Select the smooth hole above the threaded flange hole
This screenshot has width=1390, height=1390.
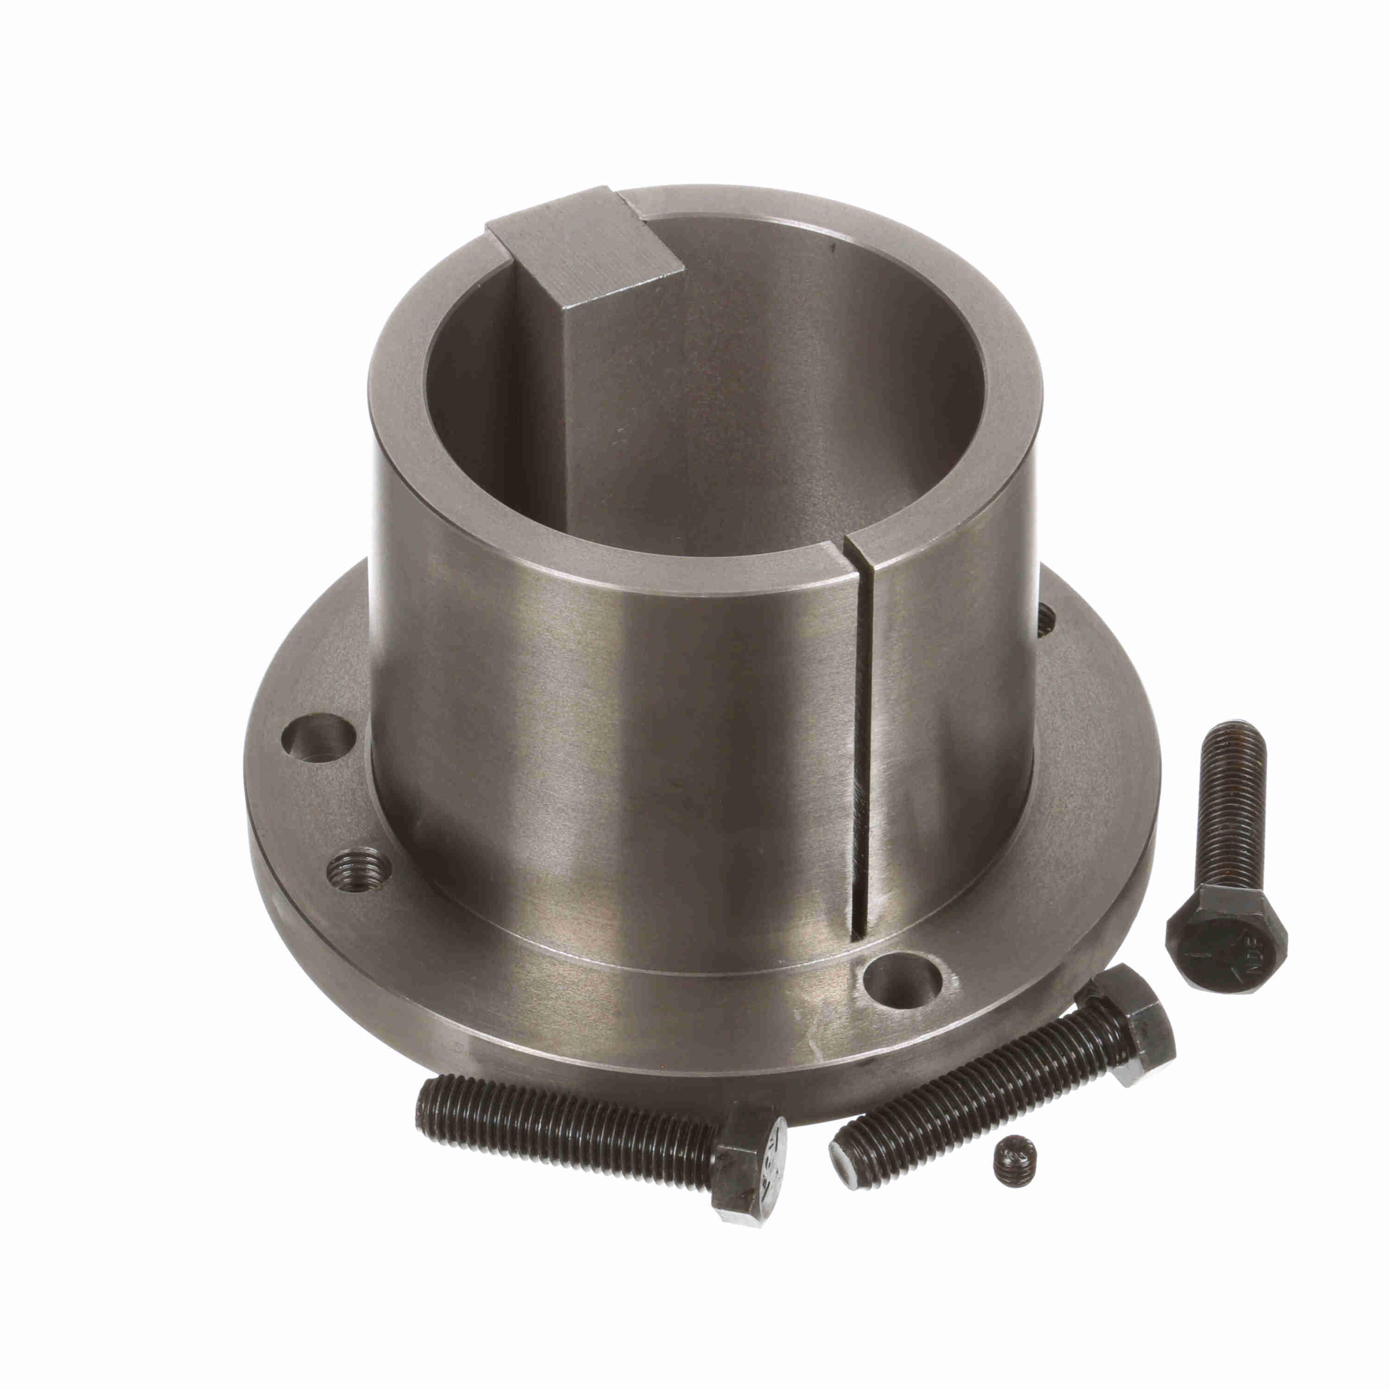[317, 738]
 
